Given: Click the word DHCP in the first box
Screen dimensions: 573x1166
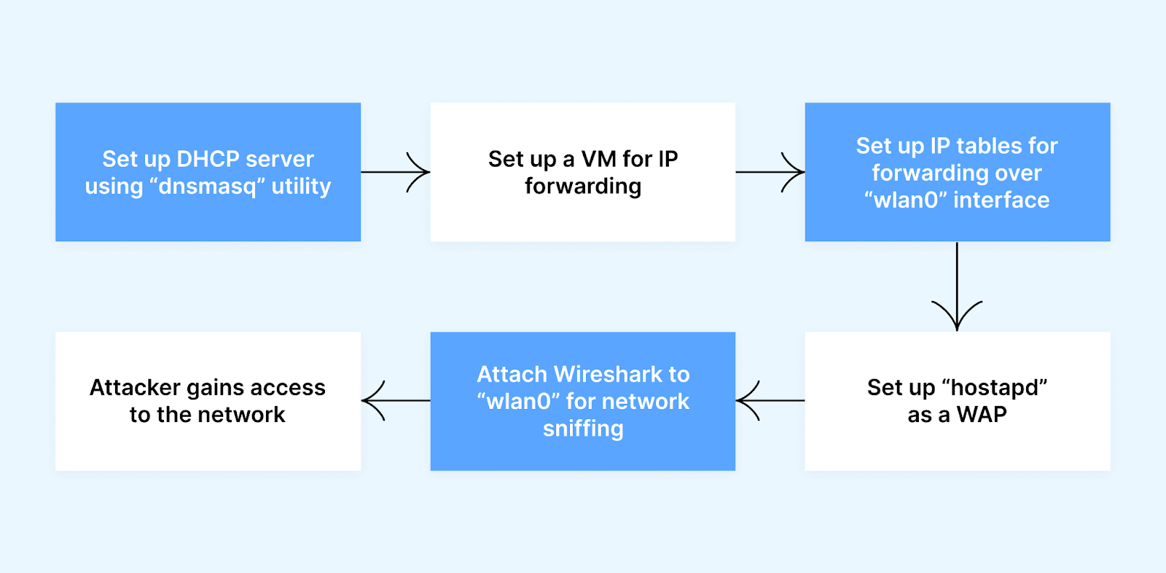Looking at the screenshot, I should point(208,159).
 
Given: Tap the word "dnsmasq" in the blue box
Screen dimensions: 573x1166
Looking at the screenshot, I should point(207,187).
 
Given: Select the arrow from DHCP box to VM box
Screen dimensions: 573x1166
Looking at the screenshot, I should point(395,172).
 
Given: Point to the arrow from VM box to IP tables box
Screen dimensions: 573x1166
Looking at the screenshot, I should point(770,172).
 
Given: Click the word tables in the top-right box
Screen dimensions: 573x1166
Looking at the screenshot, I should point(988,146).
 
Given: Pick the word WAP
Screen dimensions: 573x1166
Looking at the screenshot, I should point(982,415).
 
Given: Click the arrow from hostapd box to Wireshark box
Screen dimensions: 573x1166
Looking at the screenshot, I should point(770,400).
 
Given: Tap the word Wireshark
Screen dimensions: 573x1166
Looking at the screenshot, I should point(608,374).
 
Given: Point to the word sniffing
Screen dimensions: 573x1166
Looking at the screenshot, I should point(583,429).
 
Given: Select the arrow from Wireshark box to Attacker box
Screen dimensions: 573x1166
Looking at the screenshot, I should point(395,400).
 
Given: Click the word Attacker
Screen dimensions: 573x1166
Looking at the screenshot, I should point(135,388).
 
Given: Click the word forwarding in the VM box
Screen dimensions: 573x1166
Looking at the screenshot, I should point(583,187).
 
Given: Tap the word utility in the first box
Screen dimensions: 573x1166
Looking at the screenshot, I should point(301,187).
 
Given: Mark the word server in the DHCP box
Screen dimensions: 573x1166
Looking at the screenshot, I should point(280,159).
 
